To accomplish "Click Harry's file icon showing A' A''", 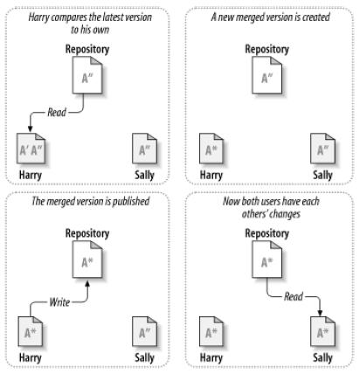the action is pyautogui.click(x=31, y=149).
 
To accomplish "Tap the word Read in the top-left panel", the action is pyautogui.click(x=57, y=112).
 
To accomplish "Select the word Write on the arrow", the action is pyautogui.click(x=59, y=302).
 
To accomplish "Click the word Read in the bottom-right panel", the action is pyautogui.click(x=294, y=296).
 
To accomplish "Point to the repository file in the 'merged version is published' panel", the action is pyautogui.click(x=87, y=260).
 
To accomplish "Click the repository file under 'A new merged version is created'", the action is pyautogui.click(x=267, y=75).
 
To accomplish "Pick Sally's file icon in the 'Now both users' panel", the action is pyautogui.click(x=322, y=331).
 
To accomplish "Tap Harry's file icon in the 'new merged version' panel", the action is pyautogui.click(x=211, y=149).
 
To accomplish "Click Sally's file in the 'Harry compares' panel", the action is pyautogui.click(x=144, y=149).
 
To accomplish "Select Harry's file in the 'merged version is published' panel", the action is pyautogui.click(x=31, y=331).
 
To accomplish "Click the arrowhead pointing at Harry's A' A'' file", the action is pyautogui.click(x=30, y=129).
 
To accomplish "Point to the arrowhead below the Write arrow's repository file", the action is pyautogui.click(x=87, y=283).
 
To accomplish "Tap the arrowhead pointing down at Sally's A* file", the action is pyautogui.click(x=320, y=313).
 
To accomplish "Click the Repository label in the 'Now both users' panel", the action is pyautogui.click(x=267, y=233).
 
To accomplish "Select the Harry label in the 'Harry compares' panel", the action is pyautogui.click(x=31, y=175).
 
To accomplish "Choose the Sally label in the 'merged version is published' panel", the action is pyautogui.click(x=144, y=357).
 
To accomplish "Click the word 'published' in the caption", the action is pyautogui.click(x=131, y=201).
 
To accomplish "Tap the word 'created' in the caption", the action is pyautogui.click(x=315, y=17).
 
